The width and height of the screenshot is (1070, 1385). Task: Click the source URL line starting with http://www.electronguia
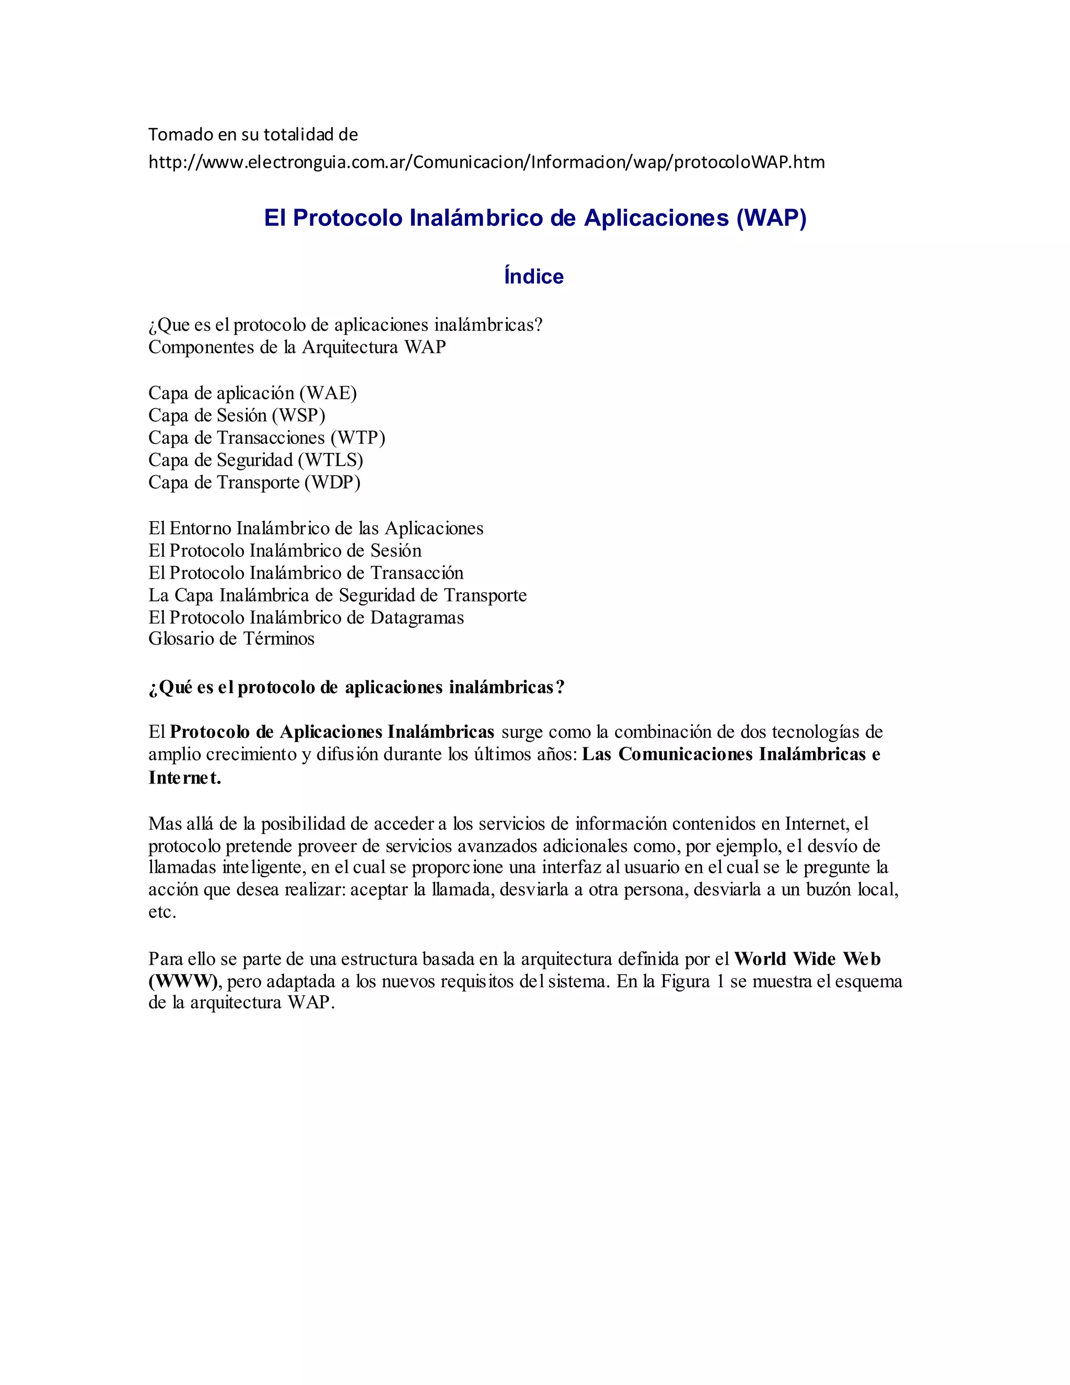[x=486, y=163]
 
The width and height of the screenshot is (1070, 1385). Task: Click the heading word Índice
[x=534, y=276]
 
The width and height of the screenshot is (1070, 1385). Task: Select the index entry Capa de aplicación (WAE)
[x=252, y=393]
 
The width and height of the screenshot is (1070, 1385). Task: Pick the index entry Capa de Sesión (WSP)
[x=237, y=415]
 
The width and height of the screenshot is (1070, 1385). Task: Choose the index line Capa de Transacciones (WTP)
[x=266, y=437]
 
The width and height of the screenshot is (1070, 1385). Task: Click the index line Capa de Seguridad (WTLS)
[x=255, y=460]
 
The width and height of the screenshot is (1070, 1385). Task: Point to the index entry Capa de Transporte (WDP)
[x=254, y=482]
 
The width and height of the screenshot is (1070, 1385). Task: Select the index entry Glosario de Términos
[x=231, y=639]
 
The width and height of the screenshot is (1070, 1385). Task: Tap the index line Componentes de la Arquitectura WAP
[x=297, y=347]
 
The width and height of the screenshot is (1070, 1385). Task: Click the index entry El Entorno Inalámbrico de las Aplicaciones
[x=316, y=528]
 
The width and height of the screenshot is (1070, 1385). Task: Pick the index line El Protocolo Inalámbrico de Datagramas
[x=306, y=617]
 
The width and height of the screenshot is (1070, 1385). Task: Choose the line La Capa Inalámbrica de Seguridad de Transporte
[x=337, y=595]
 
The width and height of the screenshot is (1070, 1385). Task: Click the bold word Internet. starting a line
[x=184, y=778]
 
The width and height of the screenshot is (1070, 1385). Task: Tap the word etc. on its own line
[x=162, y=912]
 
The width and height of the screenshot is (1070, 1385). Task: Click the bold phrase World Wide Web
[x=807, y=959]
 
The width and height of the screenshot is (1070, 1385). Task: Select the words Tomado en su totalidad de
[x=253, y=134]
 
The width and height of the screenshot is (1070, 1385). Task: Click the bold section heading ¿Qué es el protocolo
[x=356, y=687]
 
